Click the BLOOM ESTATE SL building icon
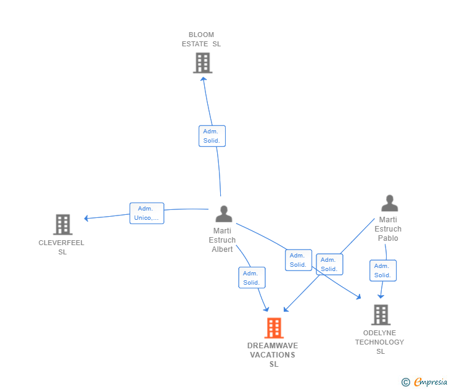[202, 63]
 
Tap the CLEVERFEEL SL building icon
[63, 225]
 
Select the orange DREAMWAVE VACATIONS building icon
[274, 328]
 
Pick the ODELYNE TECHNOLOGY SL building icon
[381, 315]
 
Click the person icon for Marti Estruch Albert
[224, 214]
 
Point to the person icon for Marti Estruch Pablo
[389, 203]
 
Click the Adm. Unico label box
[147, 213]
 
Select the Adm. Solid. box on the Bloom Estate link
[212, 136]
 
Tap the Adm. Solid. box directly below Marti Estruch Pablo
[383, 270]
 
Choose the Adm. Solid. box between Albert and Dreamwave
[252, 277]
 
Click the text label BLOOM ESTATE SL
[201, 40]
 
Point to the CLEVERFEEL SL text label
[61, 247]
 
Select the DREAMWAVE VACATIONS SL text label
[273, 354]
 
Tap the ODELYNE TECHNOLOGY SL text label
[380, 342]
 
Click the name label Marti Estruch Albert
[222, 240]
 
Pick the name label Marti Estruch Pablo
[388, 228]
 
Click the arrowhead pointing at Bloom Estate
[204, 79]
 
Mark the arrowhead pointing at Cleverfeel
[86, 219]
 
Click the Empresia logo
[430, 382]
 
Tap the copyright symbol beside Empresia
[405, 382]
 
